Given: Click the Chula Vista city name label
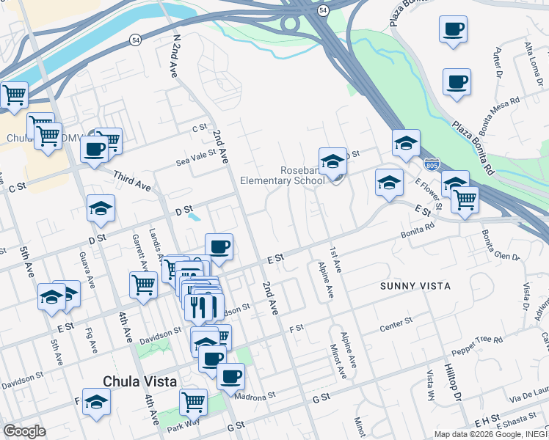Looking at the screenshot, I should point(139,381).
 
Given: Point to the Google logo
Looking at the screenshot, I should point(24,430).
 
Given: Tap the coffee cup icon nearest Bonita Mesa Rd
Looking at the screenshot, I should point(457,81).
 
